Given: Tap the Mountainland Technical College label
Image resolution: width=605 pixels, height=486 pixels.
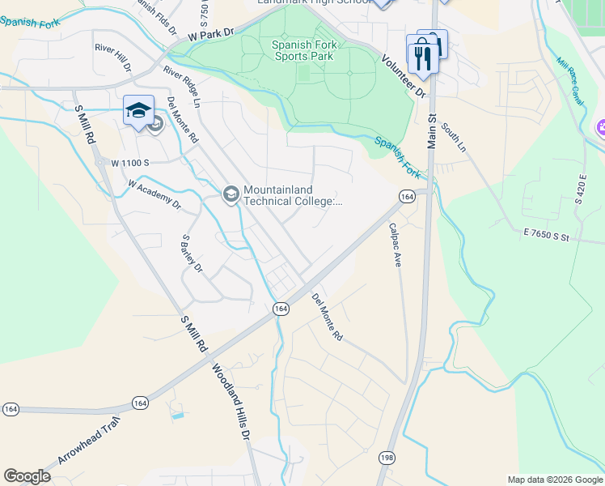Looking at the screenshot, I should click(x=293, y=196).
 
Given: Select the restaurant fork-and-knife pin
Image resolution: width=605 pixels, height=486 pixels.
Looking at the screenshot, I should click(x=420, y=56).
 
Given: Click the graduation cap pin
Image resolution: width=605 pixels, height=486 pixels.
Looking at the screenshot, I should click(x=139, y=111).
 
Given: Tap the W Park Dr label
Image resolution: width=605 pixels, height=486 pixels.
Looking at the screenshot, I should click(x=210, y=34).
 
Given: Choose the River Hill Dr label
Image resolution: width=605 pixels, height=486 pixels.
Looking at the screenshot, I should click(x=112, y=58).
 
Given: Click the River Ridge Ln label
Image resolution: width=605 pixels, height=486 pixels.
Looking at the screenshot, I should click(x=182, y=87).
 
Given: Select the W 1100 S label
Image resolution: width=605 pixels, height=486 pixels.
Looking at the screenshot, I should click(x=131, y=163).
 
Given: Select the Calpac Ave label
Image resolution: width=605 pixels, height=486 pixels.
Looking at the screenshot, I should click(x=396, y=246).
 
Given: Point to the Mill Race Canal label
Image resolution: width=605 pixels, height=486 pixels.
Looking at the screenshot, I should click(x=571, y=80).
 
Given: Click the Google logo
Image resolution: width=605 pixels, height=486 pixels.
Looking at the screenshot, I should click(x=27, y=476).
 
